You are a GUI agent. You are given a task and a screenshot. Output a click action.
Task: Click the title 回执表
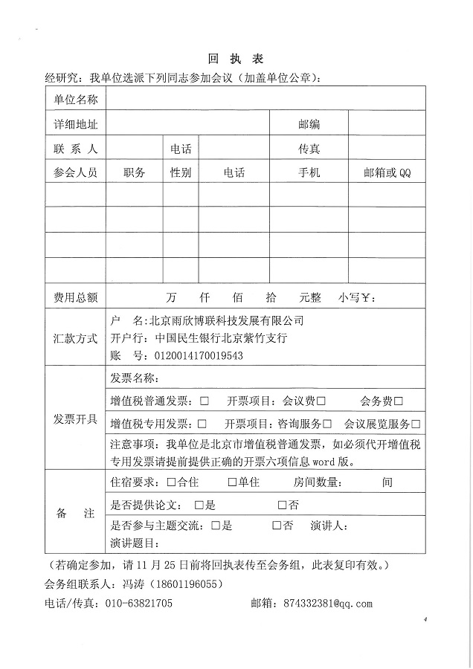[x=236, y=59]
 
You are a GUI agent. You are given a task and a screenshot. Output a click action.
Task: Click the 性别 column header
[x=181, y=172]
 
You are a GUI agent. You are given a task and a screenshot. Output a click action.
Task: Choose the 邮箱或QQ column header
[x=387, y=172]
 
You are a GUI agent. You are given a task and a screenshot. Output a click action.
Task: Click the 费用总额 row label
[x=75, y=297]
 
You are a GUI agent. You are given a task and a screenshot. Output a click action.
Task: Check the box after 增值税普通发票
[x=204, y=401]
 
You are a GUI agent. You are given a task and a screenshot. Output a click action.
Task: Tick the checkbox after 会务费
[x=399, y=401]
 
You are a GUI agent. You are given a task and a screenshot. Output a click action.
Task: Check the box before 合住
[x=172, y=482]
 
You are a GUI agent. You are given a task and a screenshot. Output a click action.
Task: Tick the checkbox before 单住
[x=231, y=482]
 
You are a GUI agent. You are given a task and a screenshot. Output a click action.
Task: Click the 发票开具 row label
[x=75, y=418]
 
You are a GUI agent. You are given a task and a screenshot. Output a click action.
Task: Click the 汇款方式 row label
[x=75, y=338]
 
